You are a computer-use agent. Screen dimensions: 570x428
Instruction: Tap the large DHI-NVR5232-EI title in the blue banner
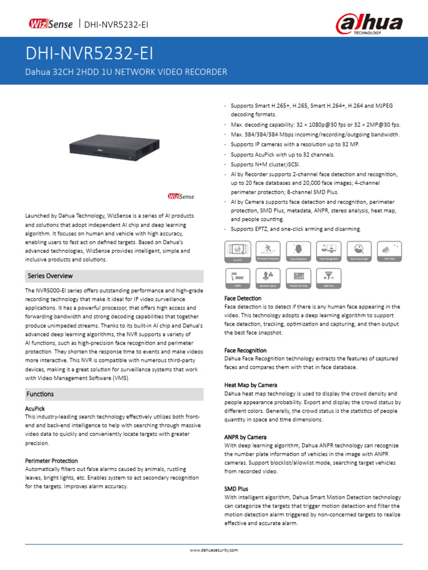[x=89, y=54]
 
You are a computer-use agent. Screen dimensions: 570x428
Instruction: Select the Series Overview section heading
[x=50, y=276]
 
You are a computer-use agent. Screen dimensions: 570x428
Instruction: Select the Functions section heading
[x=40, y=394]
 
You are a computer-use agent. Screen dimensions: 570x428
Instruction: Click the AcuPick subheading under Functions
[x=35, y=408]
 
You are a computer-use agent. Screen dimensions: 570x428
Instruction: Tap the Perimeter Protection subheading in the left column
[x=51, y=461]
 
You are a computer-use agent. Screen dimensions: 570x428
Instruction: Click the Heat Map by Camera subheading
[x=250, y=385]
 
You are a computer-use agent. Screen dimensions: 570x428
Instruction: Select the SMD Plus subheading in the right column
[x=236, y=489]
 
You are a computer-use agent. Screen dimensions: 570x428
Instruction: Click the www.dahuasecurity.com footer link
[x=214, y=550]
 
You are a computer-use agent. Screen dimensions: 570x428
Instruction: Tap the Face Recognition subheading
[x=245, y=350]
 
